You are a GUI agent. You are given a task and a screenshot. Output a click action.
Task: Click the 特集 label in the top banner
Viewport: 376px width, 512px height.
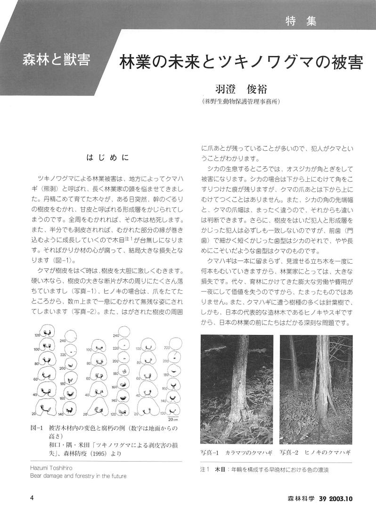[301, 21]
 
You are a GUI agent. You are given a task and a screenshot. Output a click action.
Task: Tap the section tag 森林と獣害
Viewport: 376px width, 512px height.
[56, 61]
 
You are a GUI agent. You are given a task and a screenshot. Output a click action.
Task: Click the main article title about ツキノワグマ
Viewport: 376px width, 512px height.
[241, 63]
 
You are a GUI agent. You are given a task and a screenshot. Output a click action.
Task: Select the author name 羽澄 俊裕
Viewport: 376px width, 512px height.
[240, 89]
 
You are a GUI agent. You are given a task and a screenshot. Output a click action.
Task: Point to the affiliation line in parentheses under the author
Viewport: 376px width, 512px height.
[240, 101]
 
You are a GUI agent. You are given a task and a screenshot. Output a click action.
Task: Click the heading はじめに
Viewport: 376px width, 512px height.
[107, 158]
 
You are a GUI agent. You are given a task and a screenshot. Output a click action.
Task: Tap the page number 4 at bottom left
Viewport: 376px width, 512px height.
[32, 498]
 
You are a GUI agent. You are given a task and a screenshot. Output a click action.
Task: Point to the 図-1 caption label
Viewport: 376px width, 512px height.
[37, 429]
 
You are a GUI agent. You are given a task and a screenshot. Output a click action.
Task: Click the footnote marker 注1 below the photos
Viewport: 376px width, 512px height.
[204, 470]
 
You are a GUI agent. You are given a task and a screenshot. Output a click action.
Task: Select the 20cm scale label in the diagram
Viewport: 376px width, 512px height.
[172, 419]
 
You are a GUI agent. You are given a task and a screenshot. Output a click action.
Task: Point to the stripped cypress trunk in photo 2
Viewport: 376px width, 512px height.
[323, 396]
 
